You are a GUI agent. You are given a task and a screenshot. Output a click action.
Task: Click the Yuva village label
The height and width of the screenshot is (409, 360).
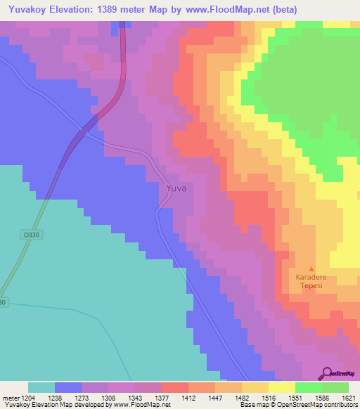pos(176,188)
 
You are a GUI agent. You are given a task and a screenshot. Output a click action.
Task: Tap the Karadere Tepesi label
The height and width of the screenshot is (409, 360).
pos(311,281)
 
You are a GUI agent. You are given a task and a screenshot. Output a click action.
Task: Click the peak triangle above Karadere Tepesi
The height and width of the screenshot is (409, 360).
pos(311,268)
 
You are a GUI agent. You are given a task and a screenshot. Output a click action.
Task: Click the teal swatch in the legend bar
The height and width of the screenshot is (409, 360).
pos(41,387)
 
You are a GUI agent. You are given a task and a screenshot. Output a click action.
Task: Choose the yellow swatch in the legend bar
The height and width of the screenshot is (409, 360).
pos(281,387)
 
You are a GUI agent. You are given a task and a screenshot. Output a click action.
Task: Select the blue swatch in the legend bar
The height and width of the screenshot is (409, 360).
pos(68,387)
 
